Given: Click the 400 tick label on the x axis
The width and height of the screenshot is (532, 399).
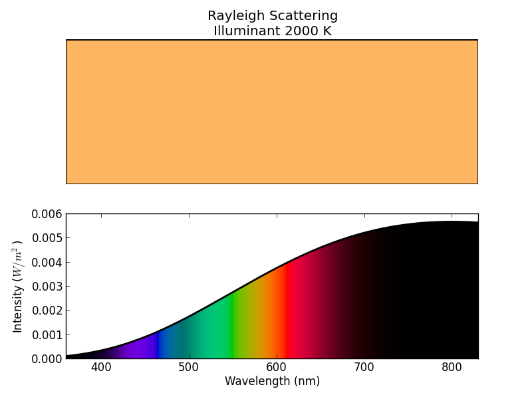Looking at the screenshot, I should click(x=101, y=368).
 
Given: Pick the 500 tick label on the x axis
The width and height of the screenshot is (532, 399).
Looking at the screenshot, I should click(x=189, y=368).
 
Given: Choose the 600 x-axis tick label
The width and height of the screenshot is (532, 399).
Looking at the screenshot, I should click(x=277, y=368).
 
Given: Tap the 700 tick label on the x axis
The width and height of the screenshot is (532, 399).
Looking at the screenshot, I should click(x=364, y=368).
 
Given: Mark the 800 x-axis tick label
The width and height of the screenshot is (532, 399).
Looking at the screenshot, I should click(x=452, y=368).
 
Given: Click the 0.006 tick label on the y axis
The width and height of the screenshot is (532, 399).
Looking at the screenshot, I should click(x=45, y=214).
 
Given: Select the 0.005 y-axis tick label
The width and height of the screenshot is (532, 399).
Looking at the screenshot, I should click(x=45, y=238).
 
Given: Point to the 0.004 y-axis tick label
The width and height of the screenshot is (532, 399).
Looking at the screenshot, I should click(x=45, y=262).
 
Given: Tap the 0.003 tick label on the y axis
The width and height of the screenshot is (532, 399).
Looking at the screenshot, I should click(x=45, y=287).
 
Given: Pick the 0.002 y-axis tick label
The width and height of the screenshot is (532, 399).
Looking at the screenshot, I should click(x=45, y=311).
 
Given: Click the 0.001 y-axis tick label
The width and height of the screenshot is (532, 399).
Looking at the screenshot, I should click(x=45, y=334).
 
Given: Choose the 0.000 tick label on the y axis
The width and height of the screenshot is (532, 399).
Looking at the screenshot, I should click(x=45, y=358).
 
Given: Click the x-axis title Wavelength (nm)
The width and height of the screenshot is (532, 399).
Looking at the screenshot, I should click(x=272, y=382).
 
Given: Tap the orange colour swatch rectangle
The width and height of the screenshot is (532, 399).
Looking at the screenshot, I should click(x=271, y=112).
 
